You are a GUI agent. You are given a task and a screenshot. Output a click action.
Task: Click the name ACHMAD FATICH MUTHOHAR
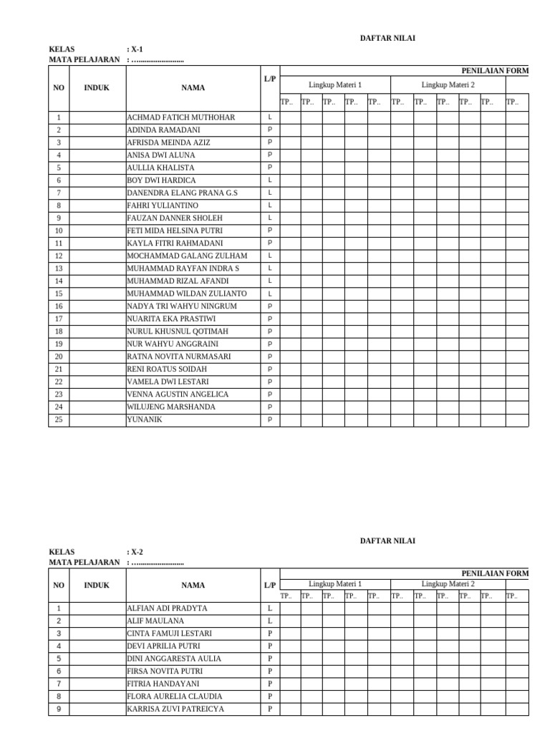coord(180,117)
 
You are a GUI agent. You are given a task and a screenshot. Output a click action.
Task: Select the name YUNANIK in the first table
coord(145,419)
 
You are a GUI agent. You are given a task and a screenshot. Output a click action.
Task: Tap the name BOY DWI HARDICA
coord(161,180)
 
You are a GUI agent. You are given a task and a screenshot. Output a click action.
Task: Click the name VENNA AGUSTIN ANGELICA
coord(178,394)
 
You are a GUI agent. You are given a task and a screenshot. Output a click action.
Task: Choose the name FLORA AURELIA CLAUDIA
coord(174,696)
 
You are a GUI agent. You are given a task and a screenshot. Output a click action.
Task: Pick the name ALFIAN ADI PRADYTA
coord(167,608)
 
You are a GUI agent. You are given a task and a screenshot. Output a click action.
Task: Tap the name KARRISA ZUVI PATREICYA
coord(175,709)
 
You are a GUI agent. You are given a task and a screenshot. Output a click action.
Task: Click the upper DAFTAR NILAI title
coord(387,39)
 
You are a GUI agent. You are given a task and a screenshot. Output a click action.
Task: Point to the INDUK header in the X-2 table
coord(97,586)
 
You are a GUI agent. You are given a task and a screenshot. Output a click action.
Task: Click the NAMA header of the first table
coord(193,88)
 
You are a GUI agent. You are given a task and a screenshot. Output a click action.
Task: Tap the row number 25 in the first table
coord(58,419)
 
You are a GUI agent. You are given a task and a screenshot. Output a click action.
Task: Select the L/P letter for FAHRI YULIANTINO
coord(270,205)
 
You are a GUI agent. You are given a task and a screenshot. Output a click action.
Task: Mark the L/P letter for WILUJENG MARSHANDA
coord(270,407)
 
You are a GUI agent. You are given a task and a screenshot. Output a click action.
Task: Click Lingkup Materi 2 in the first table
coord(448,84)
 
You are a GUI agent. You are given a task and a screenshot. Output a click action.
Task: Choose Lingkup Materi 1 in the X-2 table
coord(334,584)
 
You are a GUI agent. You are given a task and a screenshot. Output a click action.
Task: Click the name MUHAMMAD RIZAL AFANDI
coord(178,281)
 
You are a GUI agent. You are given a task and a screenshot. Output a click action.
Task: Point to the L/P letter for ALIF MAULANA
coord(270,621)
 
